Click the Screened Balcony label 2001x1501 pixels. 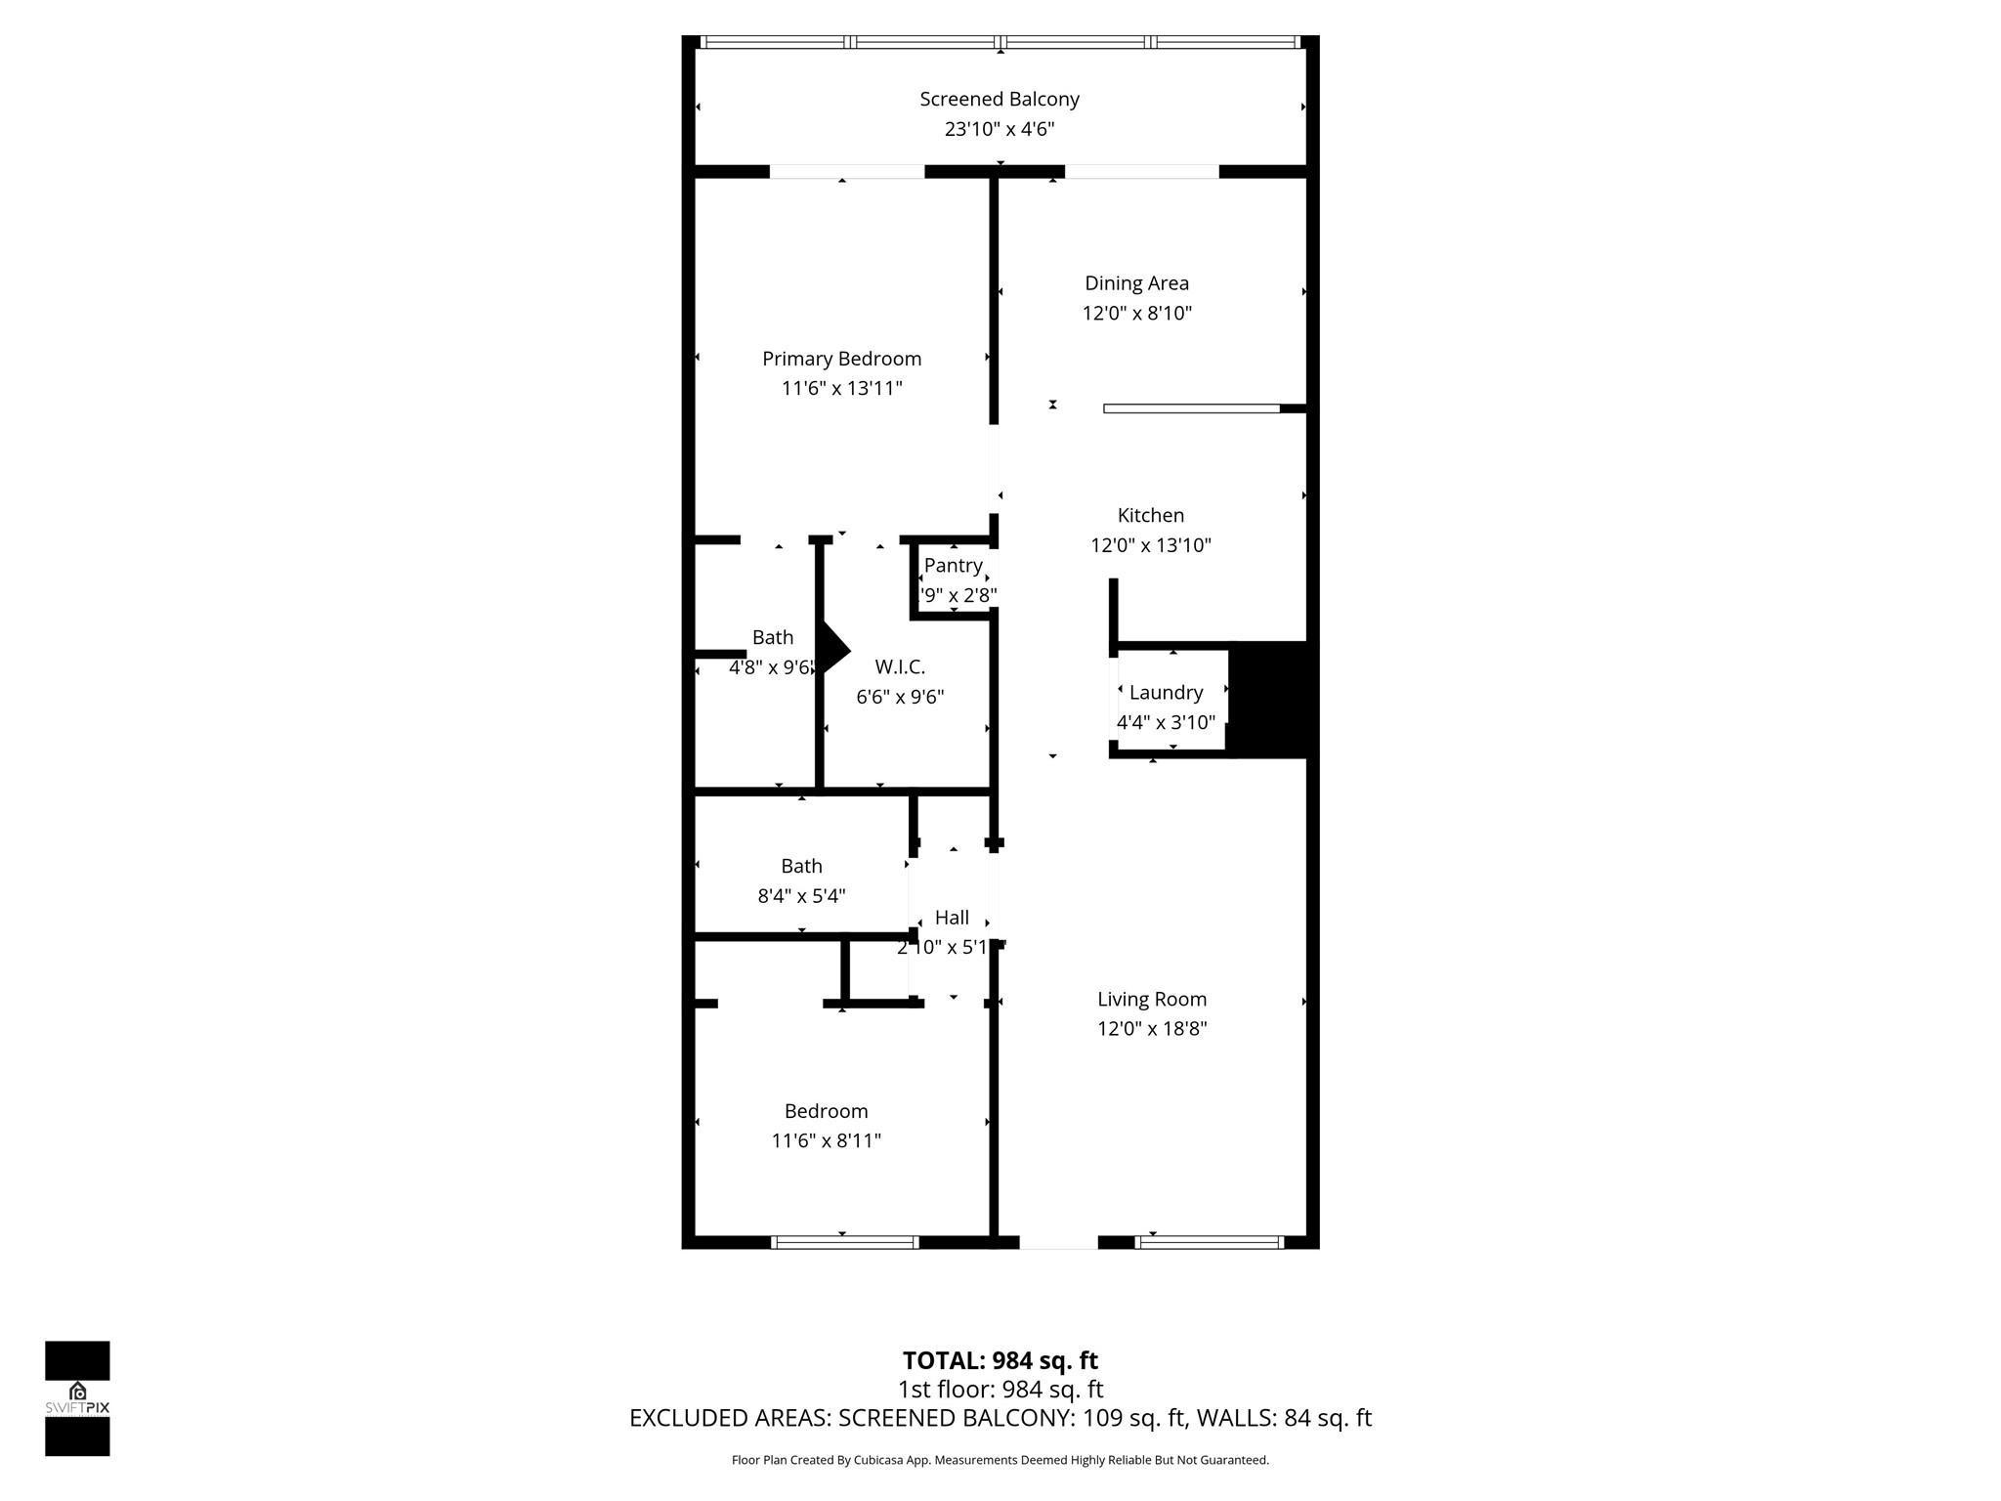[x=999, y=99]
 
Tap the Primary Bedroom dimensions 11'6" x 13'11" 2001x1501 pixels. [x=841, y=388]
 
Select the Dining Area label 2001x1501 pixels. [x=1136, y=283]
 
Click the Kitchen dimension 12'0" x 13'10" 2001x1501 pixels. [x=1150, y=545]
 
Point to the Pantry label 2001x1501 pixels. [x=953, y=565]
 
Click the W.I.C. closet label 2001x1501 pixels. [x=899, y=666]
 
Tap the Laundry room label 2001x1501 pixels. [x=1166, y=692]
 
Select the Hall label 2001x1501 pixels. [x=951, y=917]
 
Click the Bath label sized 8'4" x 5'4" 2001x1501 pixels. [x=801, y=866]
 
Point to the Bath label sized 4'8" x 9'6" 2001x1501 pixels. [x=772, y=637]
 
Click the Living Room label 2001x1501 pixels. [x=1151, y=999]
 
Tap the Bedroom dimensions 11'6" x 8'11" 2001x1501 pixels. [x=826, y=1140]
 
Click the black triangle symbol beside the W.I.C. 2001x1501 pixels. [x=834, y=650]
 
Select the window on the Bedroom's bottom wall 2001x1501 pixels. [x=845, y=1242]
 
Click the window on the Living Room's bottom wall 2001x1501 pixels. [x=1209, y=1242]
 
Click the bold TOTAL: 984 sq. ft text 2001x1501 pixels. [x=1000, y=1360]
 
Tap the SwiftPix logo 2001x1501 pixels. [x=77, y=1397]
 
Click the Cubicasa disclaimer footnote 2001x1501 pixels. [x=1000, y=1460]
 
